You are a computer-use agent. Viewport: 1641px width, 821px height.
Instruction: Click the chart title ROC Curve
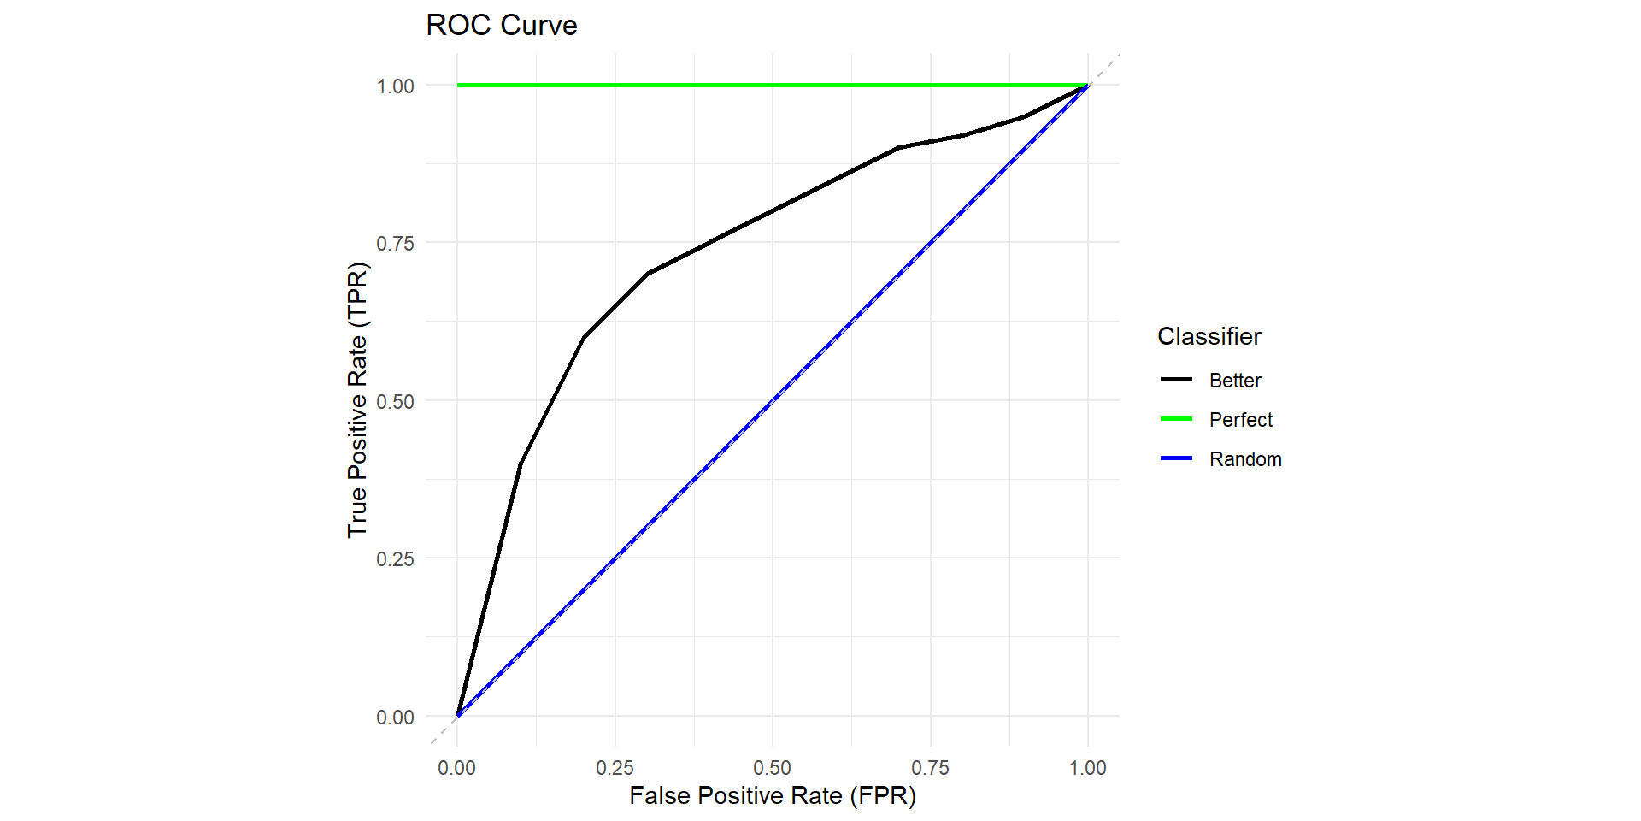[x=502, y=26]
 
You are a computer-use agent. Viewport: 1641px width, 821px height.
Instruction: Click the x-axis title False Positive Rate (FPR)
[x=773, y=796]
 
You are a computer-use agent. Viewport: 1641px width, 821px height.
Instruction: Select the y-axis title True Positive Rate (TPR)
[x=357, y=400]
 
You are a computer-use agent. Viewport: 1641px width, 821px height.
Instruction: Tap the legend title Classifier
[x=1209, y=336]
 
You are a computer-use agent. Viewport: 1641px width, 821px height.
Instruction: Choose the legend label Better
[x=1235, y=381]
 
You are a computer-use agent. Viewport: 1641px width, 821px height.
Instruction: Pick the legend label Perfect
[x=1241, y=420]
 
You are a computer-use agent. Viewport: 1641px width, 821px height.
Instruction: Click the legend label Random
[x=1245, y=459]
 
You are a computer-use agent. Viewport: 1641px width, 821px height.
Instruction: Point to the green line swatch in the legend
[x=1176, y=419]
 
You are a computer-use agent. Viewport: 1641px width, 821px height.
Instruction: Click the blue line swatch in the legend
[x=1176, y=458]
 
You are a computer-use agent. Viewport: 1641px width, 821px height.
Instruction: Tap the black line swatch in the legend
[x=1176, y=380]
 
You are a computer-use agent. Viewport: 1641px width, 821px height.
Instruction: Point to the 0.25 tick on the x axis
[x=615, y=768]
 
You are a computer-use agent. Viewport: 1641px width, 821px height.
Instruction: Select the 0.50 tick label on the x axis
[x=772, y=768]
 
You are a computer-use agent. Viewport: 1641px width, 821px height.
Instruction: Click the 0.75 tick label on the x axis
[x=930, y=768]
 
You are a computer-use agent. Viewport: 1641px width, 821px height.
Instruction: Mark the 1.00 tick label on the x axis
[x=1087, y=768]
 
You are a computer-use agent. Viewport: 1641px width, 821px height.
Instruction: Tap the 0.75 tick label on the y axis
[x=395, y=244]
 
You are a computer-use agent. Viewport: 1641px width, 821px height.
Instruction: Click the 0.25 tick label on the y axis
[x=395, y=559]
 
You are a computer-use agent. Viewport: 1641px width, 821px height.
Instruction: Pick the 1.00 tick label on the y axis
[x=395, y=86]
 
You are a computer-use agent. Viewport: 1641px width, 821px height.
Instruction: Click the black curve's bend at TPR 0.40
[x=521, y=464]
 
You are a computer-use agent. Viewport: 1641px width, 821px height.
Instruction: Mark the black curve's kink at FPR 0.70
[x=898, y=148]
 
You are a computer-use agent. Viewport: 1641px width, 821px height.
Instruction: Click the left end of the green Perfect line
[x=458, y=86]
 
